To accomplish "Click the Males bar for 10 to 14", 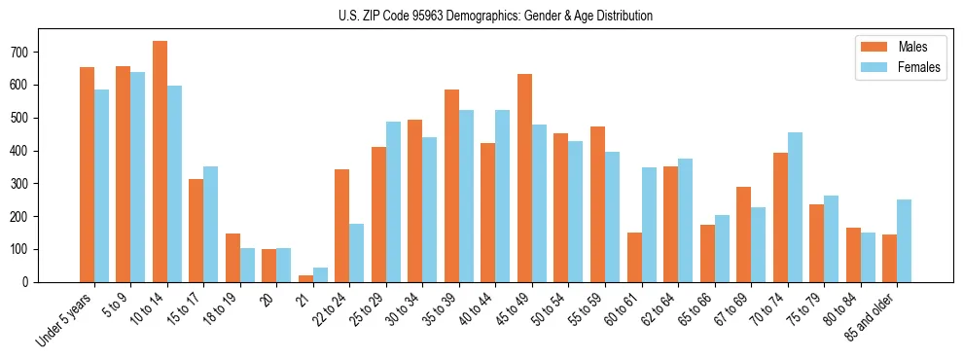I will pos(160,162).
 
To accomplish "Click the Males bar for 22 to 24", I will pos(342,226).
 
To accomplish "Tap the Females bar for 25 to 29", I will pos(393,202).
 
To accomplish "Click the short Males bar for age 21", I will pos(305,278).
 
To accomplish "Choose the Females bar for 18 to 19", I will pos(247,265).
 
